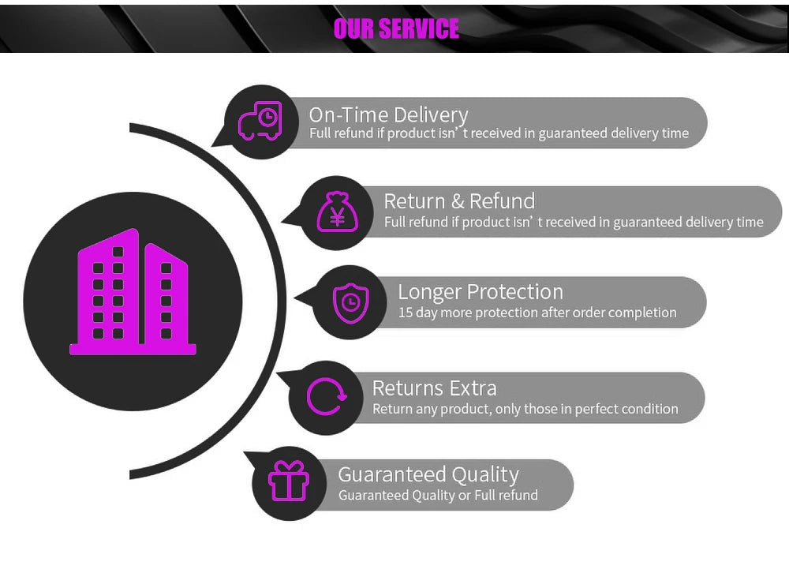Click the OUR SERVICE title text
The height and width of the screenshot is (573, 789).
coord(395,28)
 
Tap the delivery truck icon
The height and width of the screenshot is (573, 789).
coord(260,122)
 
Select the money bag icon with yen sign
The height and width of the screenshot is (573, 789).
coord(337,212)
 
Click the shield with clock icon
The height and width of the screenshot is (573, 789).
coord(350,302)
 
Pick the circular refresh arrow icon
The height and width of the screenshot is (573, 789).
coord(326,396)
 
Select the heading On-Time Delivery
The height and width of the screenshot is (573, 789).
coord(388,115)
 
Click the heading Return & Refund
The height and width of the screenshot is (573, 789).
coord(459,201)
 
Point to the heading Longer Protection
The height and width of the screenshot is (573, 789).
coord(480,292)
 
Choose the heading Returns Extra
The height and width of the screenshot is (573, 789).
coord(434,388)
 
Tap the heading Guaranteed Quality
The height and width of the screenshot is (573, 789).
coord(428,474)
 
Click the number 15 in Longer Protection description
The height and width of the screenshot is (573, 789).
coord(406,313)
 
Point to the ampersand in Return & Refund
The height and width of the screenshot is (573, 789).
coord(458,201)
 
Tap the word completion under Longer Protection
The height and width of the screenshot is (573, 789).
coord(641,313)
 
